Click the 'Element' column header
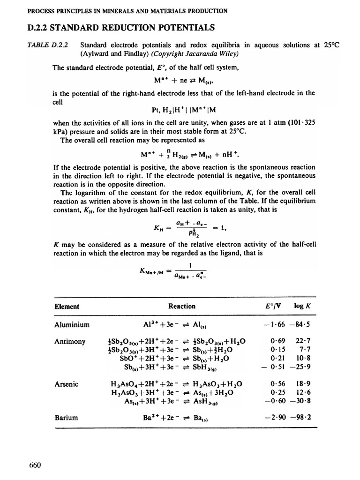pos(67,307)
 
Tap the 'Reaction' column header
pos(181,307)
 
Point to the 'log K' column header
pos(301,307)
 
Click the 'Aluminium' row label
pos(72,324)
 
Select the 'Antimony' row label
pos(70,342)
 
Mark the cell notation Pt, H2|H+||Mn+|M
pos(182,111)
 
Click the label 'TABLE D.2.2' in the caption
pos(48,45)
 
